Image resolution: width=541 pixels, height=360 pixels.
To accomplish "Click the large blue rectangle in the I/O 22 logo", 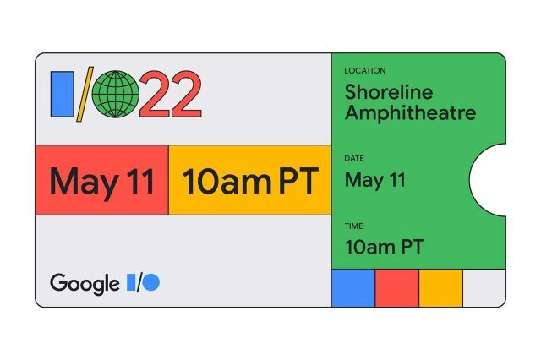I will [62, 94].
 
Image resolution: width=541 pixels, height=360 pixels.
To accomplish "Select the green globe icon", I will [115, 94].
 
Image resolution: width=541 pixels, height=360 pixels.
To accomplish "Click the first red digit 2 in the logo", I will [156, 94].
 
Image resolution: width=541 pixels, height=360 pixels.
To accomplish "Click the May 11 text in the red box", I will [101, 180].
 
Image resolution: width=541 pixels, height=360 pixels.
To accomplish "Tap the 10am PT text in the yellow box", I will [249, 180].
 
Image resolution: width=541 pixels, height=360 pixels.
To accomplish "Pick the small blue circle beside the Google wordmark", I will [150, 283].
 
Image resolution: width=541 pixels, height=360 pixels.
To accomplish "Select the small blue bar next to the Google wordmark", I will [131, 283].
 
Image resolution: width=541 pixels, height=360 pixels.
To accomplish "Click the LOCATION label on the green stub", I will [365, 71].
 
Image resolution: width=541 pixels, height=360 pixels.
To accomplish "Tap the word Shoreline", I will [387, 90].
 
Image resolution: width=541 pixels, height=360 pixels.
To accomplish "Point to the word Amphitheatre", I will [410, 112].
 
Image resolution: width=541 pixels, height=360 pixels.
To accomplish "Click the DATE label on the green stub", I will [354, 159].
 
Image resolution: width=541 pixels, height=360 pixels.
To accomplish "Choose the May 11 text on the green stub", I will [374, 180].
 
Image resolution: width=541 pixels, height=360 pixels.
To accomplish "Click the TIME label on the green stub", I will [353, 226].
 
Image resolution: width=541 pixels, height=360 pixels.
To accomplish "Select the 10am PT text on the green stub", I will [384, 247].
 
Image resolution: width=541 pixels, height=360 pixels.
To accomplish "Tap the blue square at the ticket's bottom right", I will [352, 288].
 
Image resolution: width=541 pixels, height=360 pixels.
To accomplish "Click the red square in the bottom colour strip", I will [396, 288].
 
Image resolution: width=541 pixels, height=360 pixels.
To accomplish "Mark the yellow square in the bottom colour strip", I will [440, 288].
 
